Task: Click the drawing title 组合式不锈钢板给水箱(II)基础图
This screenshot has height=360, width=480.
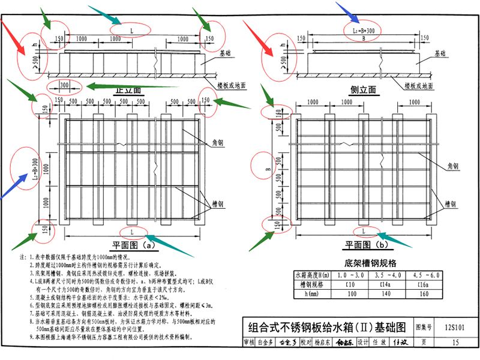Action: [328, 327]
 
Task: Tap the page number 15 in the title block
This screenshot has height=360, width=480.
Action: [456, 343]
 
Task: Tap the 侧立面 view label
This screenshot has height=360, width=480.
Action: [363, 89]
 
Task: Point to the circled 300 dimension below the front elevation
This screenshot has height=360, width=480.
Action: [65, 85]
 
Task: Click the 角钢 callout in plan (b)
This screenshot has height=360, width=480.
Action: [451, 166]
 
